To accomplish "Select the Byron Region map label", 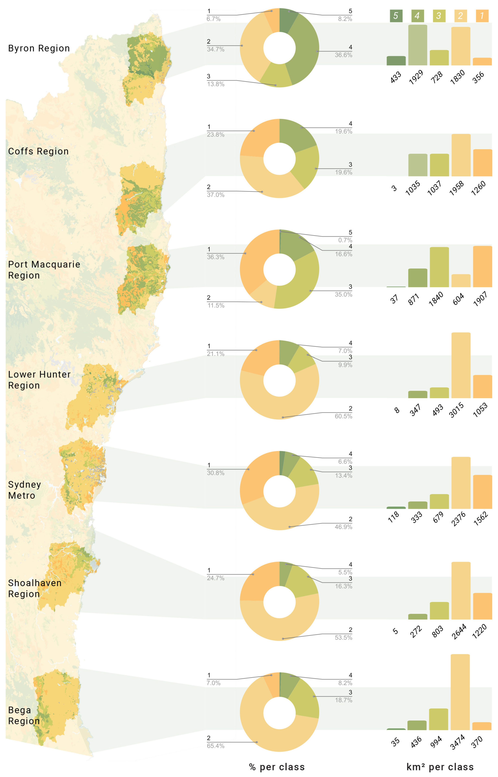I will click(x=39, y=49).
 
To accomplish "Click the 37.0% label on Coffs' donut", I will click(x=215, y=195).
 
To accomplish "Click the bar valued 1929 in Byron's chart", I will click(x=418, y=45).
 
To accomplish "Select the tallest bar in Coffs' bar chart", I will click(x=461, y=155).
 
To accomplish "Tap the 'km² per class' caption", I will click(x=440, y=767).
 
